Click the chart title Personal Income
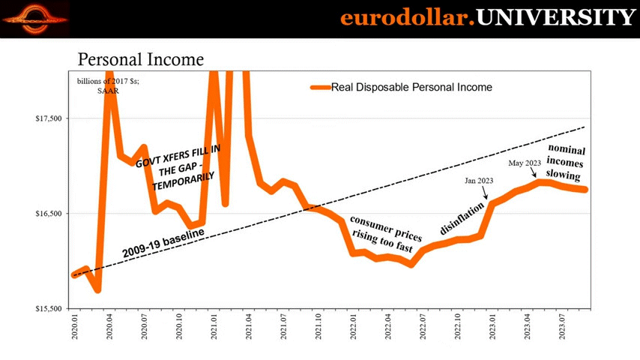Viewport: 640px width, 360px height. pyautogui.click(x=141, y=59)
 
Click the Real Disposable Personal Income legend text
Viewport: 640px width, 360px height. pyautogui.click(x=411, y=87)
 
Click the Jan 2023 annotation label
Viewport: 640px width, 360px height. pyautogui.click(x=480, y=179)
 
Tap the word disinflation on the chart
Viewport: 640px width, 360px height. pyautogui.click(x=462, y=214)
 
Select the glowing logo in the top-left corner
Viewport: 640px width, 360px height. pyautogui.click(x=35, y=16)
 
